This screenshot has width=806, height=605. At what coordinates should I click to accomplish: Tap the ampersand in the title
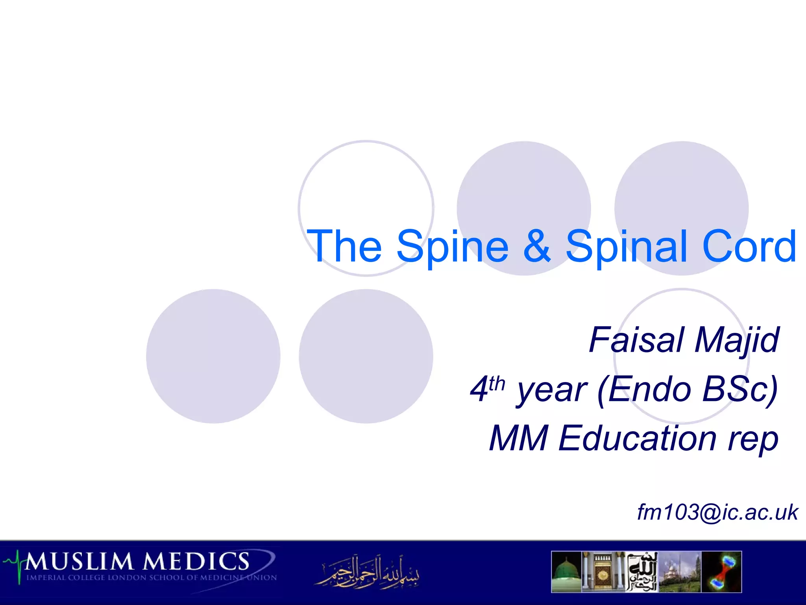pos(538,246)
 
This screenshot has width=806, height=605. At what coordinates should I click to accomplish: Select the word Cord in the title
pos(750,247)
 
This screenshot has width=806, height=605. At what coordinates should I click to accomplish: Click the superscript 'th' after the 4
pos(497,383)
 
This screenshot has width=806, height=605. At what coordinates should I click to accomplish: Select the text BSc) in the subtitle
pos(740,389)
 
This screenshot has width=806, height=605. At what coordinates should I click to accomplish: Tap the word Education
pos(638,438)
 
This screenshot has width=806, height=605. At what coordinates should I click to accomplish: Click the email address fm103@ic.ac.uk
pos(717,512)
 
